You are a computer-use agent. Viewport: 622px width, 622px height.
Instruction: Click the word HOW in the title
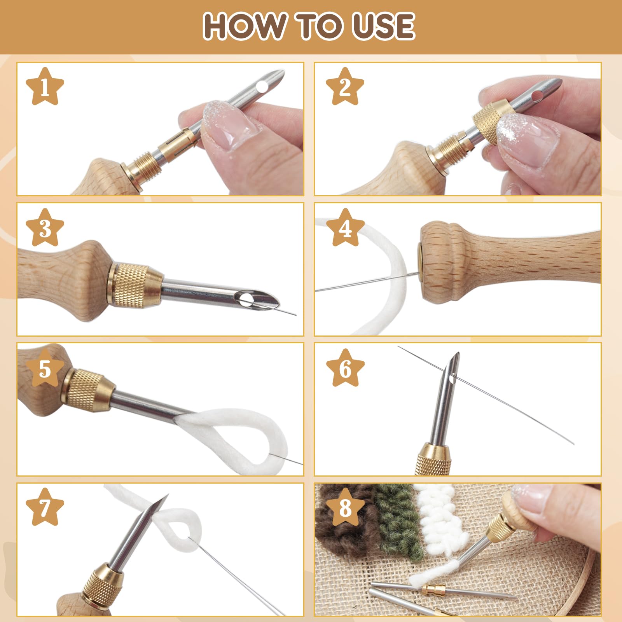point(244,26)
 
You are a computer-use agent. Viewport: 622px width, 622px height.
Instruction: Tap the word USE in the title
point(383,26)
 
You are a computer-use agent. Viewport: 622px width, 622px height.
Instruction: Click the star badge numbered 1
point(45,87)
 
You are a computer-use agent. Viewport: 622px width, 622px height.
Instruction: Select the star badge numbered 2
point(345,87)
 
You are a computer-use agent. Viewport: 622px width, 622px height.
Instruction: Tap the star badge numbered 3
point(45,228)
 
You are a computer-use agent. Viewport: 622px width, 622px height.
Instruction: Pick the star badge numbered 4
point(345,228)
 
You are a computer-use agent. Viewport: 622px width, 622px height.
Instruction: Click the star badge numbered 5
point(45,368)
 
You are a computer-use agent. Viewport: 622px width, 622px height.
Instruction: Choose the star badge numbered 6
point(345,368)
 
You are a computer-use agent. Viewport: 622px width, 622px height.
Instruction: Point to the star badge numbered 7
point(45,507)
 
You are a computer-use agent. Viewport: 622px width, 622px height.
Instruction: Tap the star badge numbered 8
point(345,507)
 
